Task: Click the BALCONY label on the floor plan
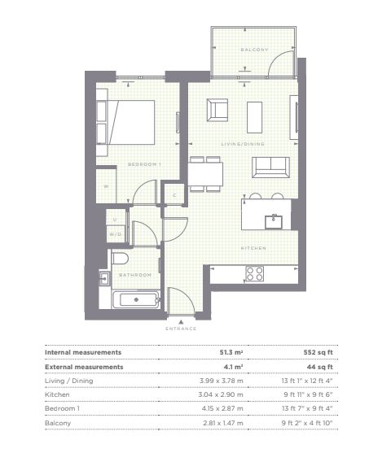point(255,50)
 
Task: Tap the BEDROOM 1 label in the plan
point(144,164)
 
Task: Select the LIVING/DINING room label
point(243,144)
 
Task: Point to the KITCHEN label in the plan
point(253,248)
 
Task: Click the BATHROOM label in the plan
point(135,275)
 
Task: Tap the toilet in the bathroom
point(120,259)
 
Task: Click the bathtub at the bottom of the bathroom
point(136,300)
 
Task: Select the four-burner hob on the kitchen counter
point(254,273)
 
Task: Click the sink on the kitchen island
point(274,222)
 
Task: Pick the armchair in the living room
point(217,110)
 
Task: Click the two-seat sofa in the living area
point(270,168)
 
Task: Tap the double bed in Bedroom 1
point(131,122)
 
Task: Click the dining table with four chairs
point(205,174)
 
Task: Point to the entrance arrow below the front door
point(181,321)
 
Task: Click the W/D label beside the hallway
point(115,234)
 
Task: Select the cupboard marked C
point(174,195)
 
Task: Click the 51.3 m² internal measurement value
point(231,352)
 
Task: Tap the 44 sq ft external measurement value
point(319,367)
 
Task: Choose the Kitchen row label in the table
point(57,394)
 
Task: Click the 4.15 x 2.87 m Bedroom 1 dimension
point(222,408)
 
